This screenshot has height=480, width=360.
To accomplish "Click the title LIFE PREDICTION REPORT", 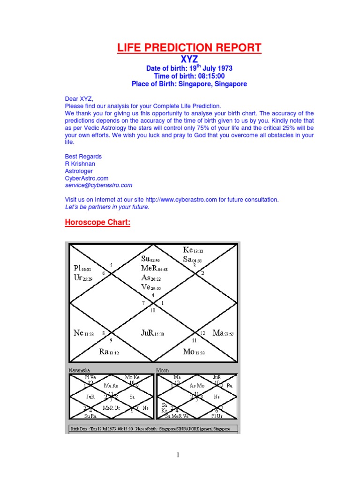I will pyautogui.click(x=188, y=48).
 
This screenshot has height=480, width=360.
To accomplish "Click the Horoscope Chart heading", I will pyautogui.click(x=97, y=222).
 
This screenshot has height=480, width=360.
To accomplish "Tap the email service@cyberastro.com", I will pyautogui.click(x=98, y=185).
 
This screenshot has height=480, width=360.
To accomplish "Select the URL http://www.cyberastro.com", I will pyautogui.click(x=181, y=200).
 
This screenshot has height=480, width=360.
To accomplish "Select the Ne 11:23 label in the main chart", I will pyautogui.click(x=84, y=333).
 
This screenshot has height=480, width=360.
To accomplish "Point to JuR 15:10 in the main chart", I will pyautogui.click(x=152, y=333).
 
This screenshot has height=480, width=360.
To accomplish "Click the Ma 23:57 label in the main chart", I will pyautogui.click(x=223, y=333).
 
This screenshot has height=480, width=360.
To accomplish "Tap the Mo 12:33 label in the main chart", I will pyautogui.click(x=194, y=352).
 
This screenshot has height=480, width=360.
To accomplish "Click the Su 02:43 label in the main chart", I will pyautogui.click(x=150, y=259).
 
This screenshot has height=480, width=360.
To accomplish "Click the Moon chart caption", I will pyautogui.click(x=162, y=370).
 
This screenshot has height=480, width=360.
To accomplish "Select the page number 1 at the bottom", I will pyautogui.click(x=178, y=455).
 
